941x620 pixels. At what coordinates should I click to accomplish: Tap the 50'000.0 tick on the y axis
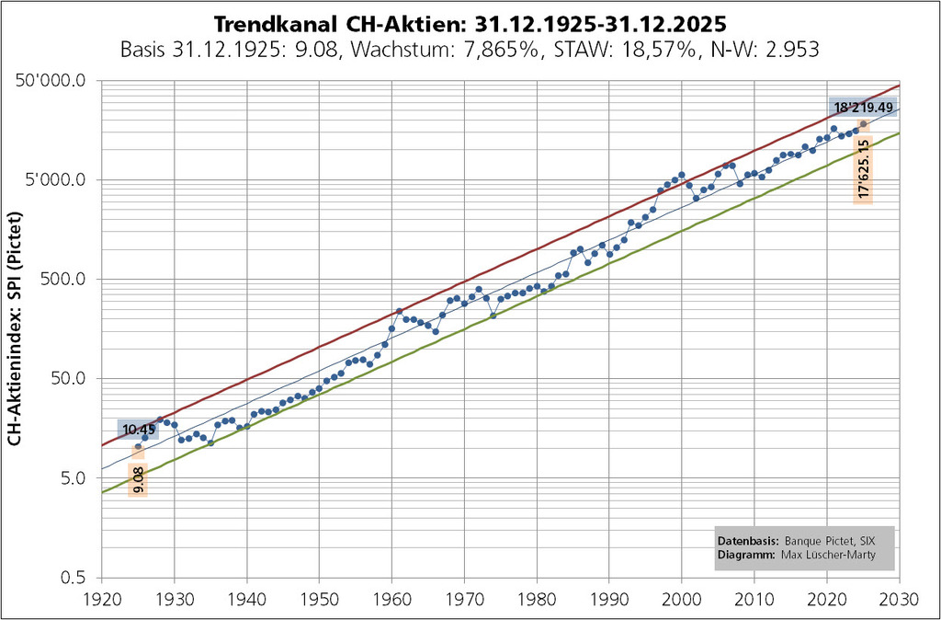58,81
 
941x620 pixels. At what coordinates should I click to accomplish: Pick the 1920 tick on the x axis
101,599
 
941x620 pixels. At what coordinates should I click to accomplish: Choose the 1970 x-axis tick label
464,599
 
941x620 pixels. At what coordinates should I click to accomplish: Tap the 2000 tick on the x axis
682,599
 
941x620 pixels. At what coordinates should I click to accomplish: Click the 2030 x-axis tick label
899,599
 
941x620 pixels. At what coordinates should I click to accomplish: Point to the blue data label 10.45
138,430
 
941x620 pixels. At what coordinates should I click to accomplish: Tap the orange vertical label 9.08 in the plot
139,479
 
